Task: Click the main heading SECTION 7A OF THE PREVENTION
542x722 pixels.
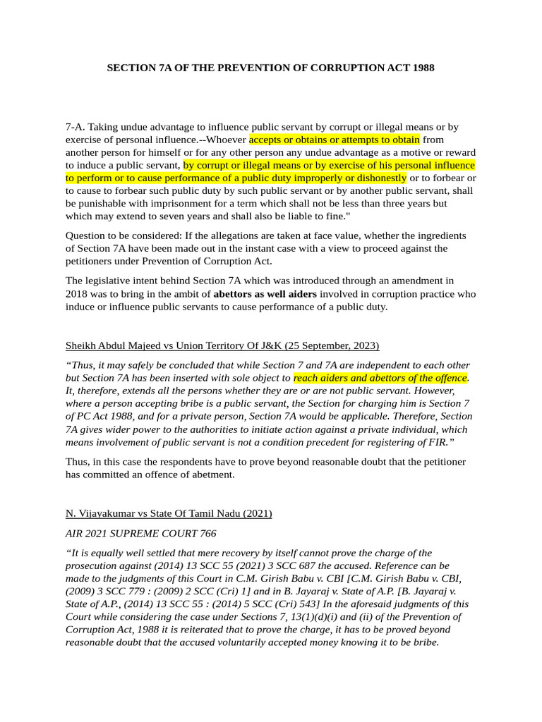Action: (x=270, y=68)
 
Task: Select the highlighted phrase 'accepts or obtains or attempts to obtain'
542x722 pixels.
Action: (x=334, y=140)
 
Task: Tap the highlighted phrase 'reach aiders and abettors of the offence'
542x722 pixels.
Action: (x=380, y=378)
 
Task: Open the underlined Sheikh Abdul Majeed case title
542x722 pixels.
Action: (x=222, y=345)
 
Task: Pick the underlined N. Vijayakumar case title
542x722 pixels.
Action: (x=169, y=513)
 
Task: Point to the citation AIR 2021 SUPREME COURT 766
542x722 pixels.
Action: (x=141, y=534)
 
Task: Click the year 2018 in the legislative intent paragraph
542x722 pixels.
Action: (x=78, y=294)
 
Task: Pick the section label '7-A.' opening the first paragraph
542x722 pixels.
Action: (x=76, y=127)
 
